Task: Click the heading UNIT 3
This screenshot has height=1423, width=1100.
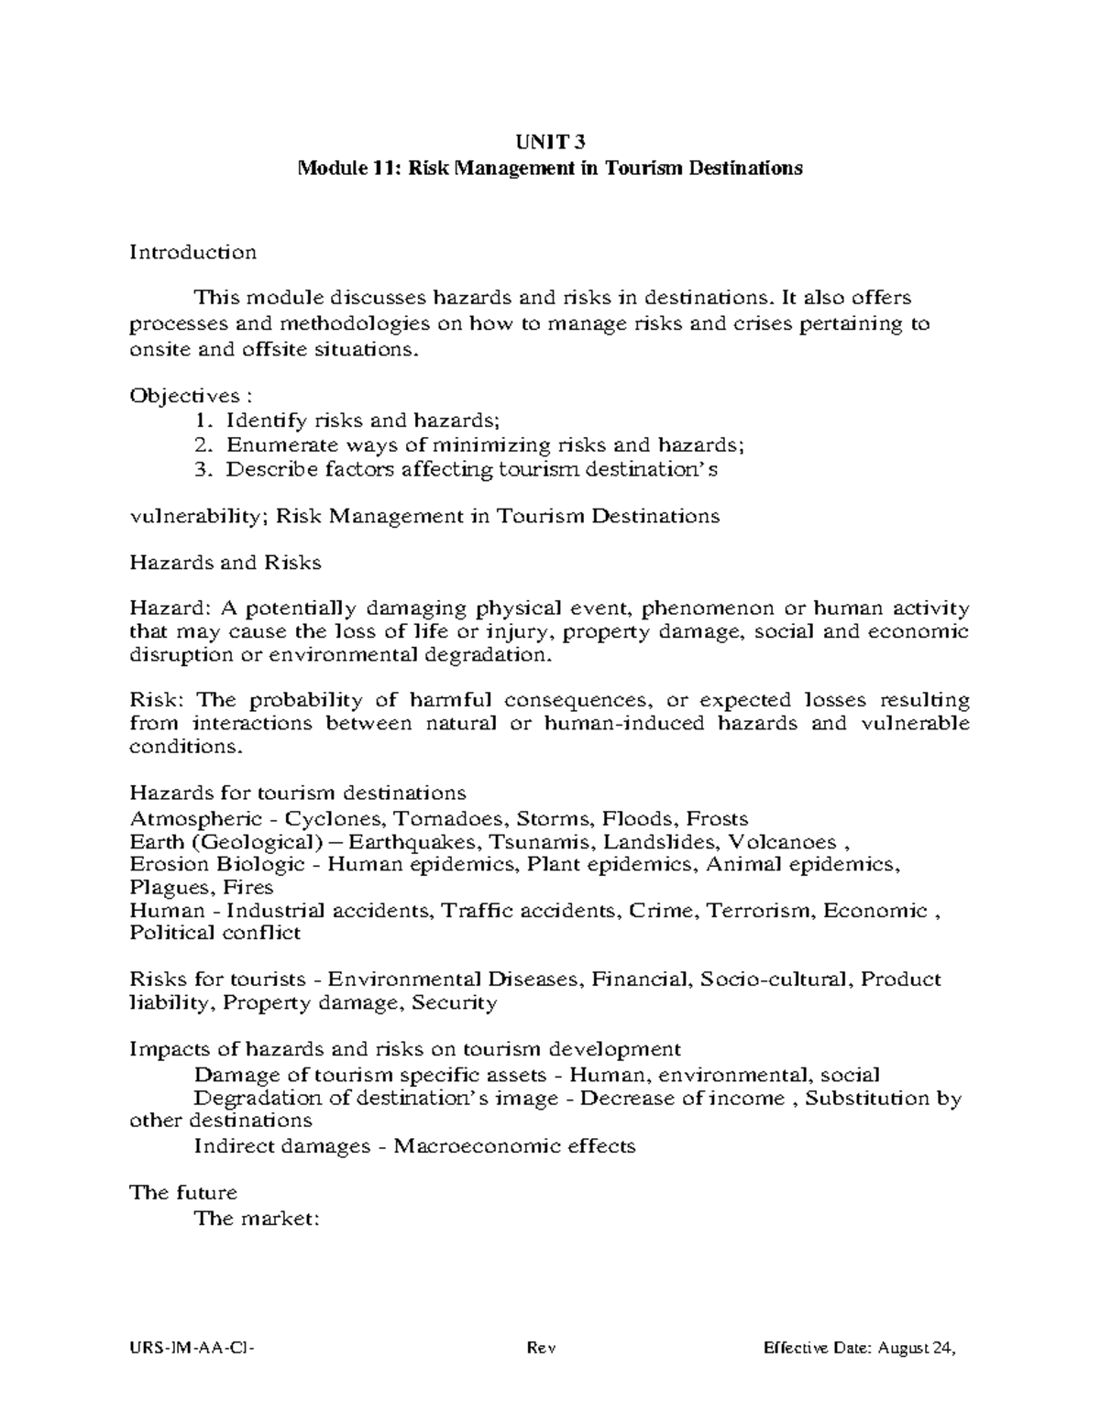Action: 550,142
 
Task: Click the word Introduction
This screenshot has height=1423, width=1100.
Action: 192,252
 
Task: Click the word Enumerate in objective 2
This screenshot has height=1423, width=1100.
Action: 271,446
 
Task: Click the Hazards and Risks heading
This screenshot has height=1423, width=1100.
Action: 225,563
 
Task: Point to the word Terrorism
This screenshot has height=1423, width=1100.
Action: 766,911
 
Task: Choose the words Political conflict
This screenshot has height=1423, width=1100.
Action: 215,934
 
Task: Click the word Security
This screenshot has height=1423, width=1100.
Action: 454,1002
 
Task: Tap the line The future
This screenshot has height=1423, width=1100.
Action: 183,1193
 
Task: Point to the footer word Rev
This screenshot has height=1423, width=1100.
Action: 542,1349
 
